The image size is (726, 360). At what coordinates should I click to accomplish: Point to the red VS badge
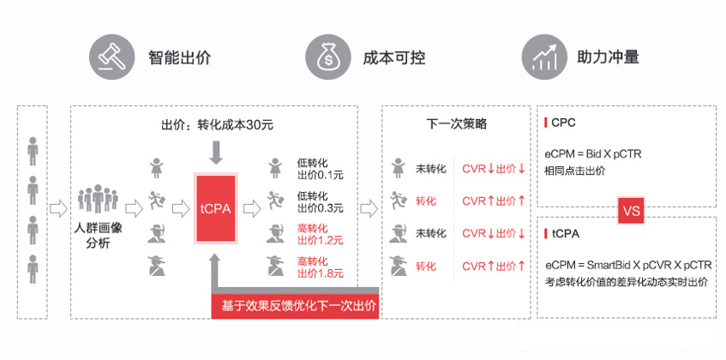click(x=630, y=208)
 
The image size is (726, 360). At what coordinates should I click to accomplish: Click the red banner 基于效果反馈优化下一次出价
click(x=295, y=305)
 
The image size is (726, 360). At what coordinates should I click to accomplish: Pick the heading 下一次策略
click(x=457, y=123)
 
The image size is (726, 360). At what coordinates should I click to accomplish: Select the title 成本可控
click(x=394, y=58)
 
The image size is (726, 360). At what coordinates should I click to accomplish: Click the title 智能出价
click(x=179, y=58)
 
